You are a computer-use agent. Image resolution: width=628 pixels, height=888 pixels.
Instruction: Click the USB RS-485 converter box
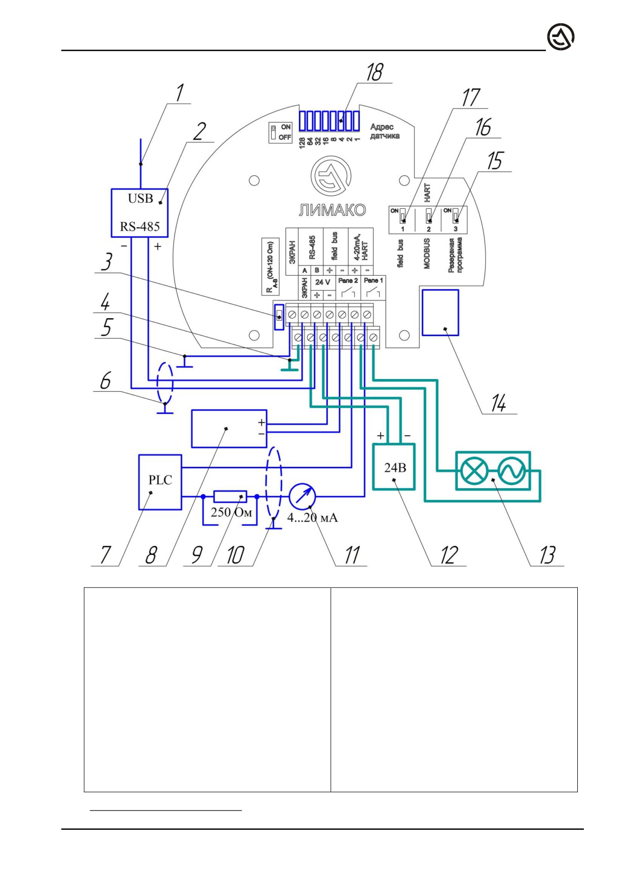click(x=139, y=213)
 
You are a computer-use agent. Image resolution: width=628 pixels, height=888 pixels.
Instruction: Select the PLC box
click(x=160, y=482)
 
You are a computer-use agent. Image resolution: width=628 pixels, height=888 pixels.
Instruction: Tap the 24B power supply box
click(x=394, y=467)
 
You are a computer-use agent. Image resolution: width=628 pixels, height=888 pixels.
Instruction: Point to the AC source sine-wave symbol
click(x=511, y=471)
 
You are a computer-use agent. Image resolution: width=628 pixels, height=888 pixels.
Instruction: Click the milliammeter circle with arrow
click(x=303, y=497)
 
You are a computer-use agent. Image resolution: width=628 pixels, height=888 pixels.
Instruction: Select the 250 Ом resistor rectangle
click(x=230, y=497)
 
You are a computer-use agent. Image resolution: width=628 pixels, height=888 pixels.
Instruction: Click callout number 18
click(x=375, y=72)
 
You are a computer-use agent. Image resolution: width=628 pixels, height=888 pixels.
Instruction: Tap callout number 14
click(x=498, y=403)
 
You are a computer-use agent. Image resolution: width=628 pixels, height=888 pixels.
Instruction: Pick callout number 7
click(x=105, y=554)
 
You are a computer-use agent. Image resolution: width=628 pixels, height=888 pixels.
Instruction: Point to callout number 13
click(x=547, y=555)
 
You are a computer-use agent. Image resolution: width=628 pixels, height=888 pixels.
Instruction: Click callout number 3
click(x=106, y=262)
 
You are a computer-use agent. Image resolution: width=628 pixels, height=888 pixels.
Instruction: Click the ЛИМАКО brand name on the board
click(x=332, y=210)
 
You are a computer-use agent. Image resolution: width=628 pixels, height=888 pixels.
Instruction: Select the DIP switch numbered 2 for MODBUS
click(x=428, y=216)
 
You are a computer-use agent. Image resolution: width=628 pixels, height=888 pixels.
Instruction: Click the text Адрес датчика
click(x=384, y=131)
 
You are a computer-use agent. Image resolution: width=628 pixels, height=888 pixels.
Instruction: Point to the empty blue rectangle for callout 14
click(x=440, y=313)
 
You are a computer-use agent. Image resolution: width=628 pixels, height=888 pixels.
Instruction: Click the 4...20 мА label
click(x=312, y=517)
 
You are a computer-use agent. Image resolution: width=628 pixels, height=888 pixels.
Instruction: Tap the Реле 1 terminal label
click(x=374, y=280)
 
